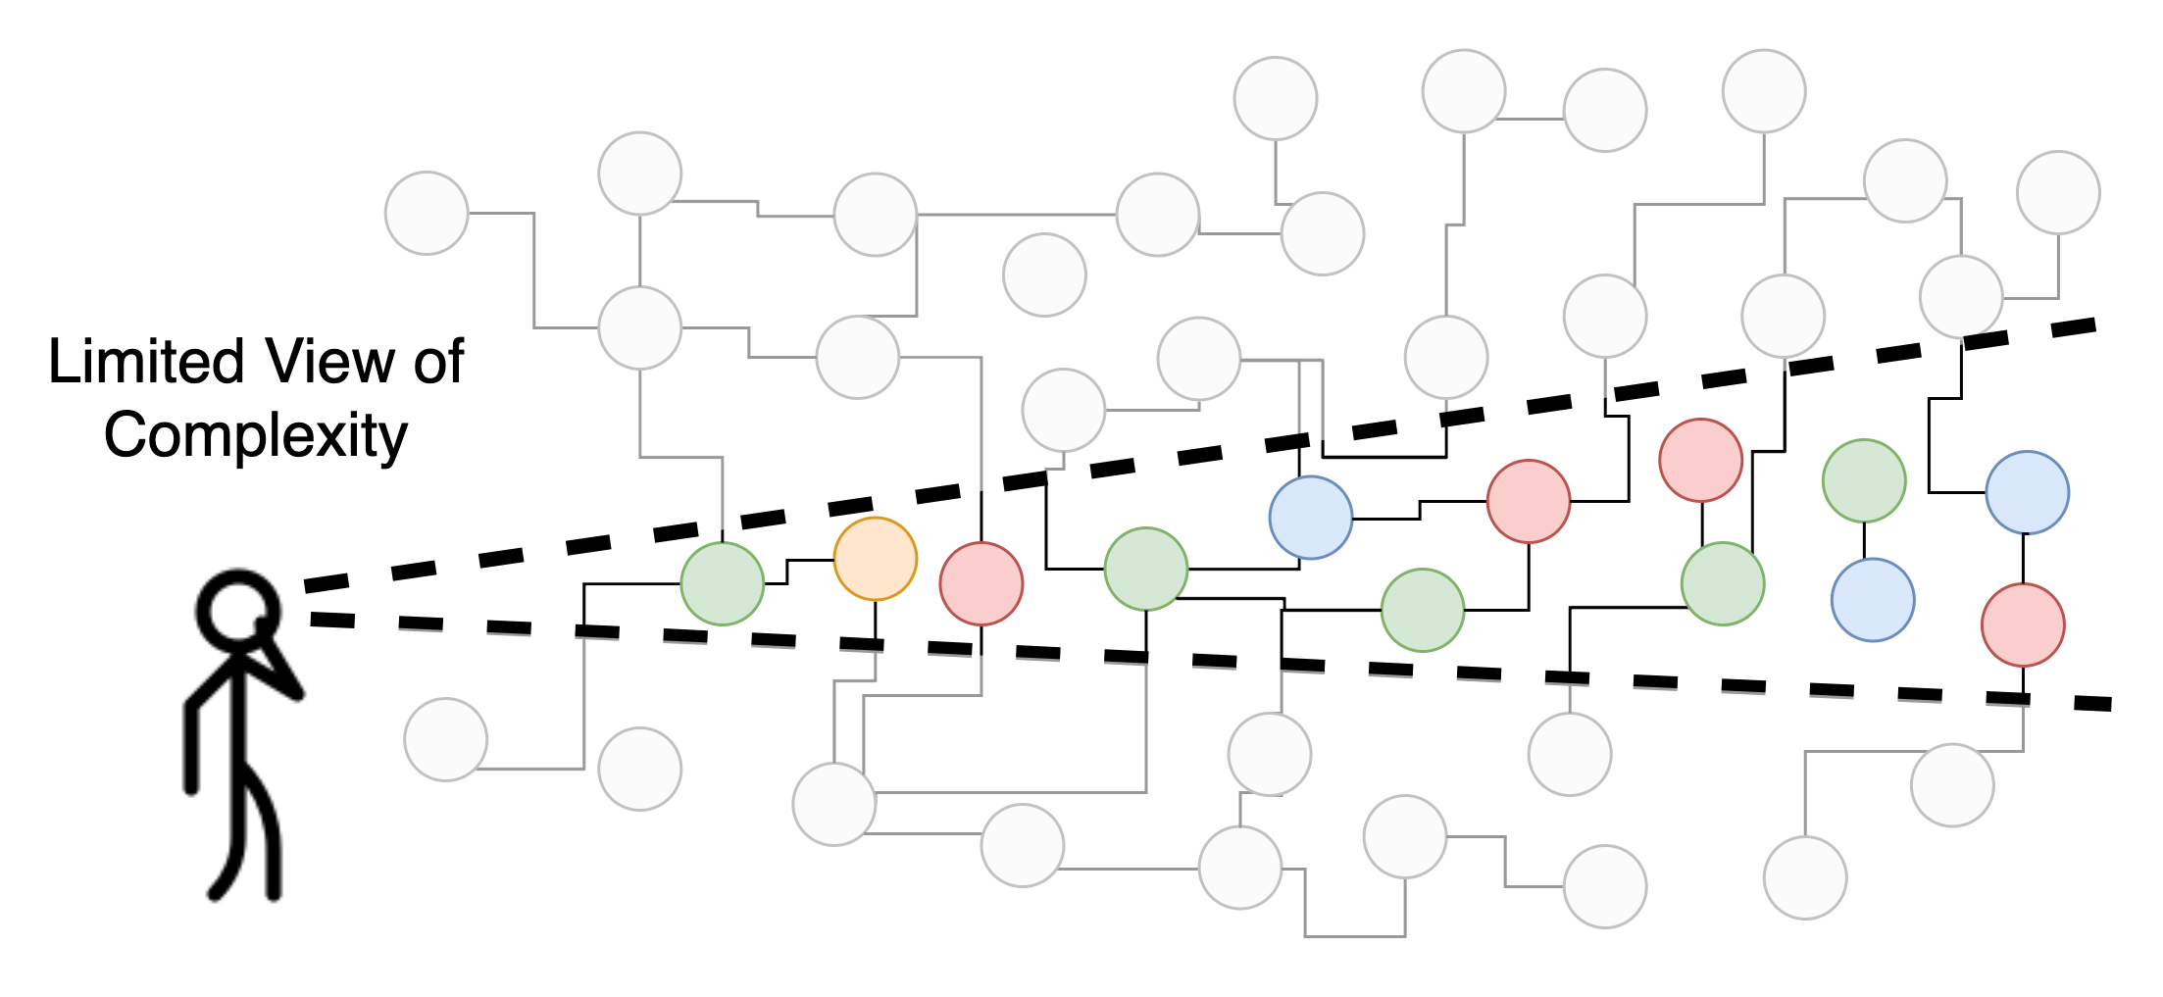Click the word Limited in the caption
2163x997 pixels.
click(x=147, y=362)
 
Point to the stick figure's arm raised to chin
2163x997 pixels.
click(x=279, y=667)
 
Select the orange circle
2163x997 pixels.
click(x=875, y=559)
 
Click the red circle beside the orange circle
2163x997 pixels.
click(x=981, y=583)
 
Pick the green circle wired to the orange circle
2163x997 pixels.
click(x=722, y=583)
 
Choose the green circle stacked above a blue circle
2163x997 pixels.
click(x=1863, y=480)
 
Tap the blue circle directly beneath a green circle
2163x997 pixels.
click(x=1872, y=599)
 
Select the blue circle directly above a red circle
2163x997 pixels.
click(x=2027, y=492)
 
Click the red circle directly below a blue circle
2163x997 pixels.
click(x=2022, y=624)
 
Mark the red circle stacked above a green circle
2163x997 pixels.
click(x=1700, y=460)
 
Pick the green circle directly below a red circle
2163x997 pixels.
click(x=1722, y=583)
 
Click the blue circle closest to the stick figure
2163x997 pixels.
click(x=1310, y=517)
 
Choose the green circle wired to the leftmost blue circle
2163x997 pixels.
click(x=1145, y=569)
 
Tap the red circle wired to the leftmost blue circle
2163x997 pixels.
click(x=1528, y=501)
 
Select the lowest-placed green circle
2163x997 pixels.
click(x=1422, y=610)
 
